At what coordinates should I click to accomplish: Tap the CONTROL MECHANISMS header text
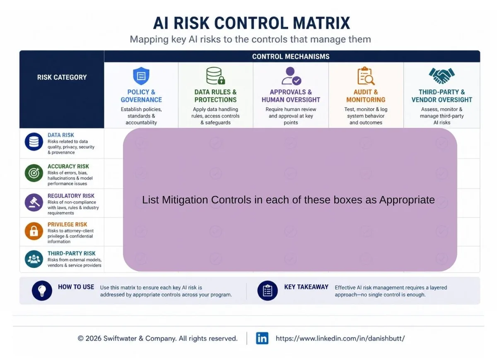point(291,57)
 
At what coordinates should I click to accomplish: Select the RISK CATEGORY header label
point(62,77)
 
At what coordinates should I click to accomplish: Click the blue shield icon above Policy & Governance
point(141,76)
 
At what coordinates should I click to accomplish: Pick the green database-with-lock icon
point(215,76)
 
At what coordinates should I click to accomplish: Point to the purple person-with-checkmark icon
point(291,76)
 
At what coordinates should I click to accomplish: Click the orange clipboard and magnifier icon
point(366,76)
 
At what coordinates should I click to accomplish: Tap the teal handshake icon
point(442,76)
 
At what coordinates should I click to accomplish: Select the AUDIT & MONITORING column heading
point(366,96)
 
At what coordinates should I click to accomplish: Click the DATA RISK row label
point(61,135)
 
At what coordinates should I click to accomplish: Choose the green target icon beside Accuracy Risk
point(34,173)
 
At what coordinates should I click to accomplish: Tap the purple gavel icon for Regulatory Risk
point(34,202)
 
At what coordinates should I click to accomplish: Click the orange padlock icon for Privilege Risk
point(34,231)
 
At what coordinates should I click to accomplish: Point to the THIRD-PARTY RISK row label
point(71,253)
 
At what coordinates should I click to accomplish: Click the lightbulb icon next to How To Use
point(42,290)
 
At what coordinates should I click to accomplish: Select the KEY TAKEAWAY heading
point(306,287)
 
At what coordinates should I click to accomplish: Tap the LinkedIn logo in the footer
point(262,338)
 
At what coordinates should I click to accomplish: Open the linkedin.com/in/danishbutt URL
point(340,338)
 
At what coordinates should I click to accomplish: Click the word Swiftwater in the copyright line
point(120,338)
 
